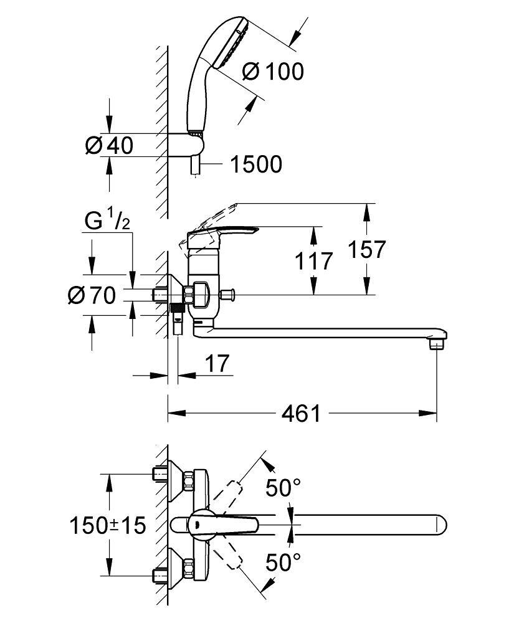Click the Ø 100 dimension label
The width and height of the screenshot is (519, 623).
tap(272, 72)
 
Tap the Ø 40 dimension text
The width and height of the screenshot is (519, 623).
tap(109, 145)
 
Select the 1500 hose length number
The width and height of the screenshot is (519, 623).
tap(255, 164)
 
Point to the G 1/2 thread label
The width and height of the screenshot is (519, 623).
tap(107, 221)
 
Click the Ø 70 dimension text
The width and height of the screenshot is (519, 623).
tap(91, 296)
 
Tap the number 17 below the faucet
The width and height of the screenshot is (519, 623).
tap(217, 363)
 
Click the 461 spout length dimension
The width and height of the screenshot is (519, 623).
tap(300, 412)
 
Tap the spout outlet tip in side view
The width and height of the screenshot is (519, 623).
tap(439, 342)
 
